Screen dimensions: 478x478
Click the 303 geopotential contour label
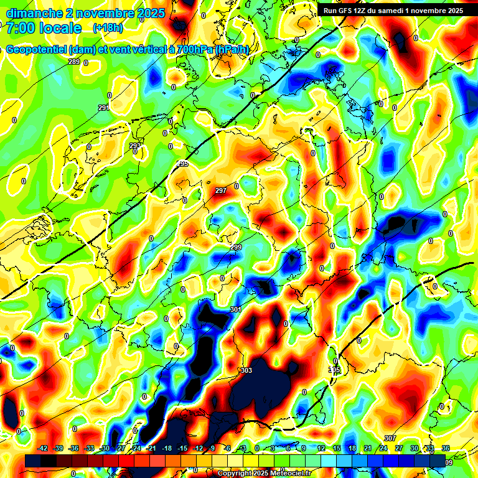click(246, 370)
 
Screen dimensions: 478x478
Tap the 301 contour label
click(235, 309)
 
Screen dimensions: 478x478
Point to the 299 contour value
click(236, 248)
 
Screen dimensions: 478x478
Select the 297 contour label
click(220, 190)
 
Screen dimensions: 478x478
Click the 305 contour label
click(335, 370)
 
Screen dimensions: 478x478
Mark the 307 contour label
click(390, 439)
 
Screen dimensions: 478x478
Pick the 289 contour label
click(74, 62)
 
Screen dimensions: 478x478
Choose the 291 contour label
click(103, 108)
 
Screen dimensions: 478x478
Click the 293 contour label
click(135, 146)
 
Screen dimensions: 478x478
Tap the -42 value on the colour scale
click(43, 448)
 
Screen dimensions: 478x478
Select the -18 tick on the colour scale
click(167, 448)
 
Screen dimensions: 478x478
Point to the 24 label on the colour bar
click(383, 448)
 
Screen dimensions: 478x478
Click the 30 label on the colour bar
click(414, 448)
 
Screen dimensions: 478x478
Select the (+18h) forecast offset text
click(108, 28)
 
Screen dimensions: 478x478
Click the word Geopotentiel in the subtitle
click(38, 50)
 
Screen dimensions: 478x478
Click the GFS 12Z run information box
click(393, 11)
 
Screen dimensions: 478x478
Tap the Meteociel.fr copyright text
click(264, 474)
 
